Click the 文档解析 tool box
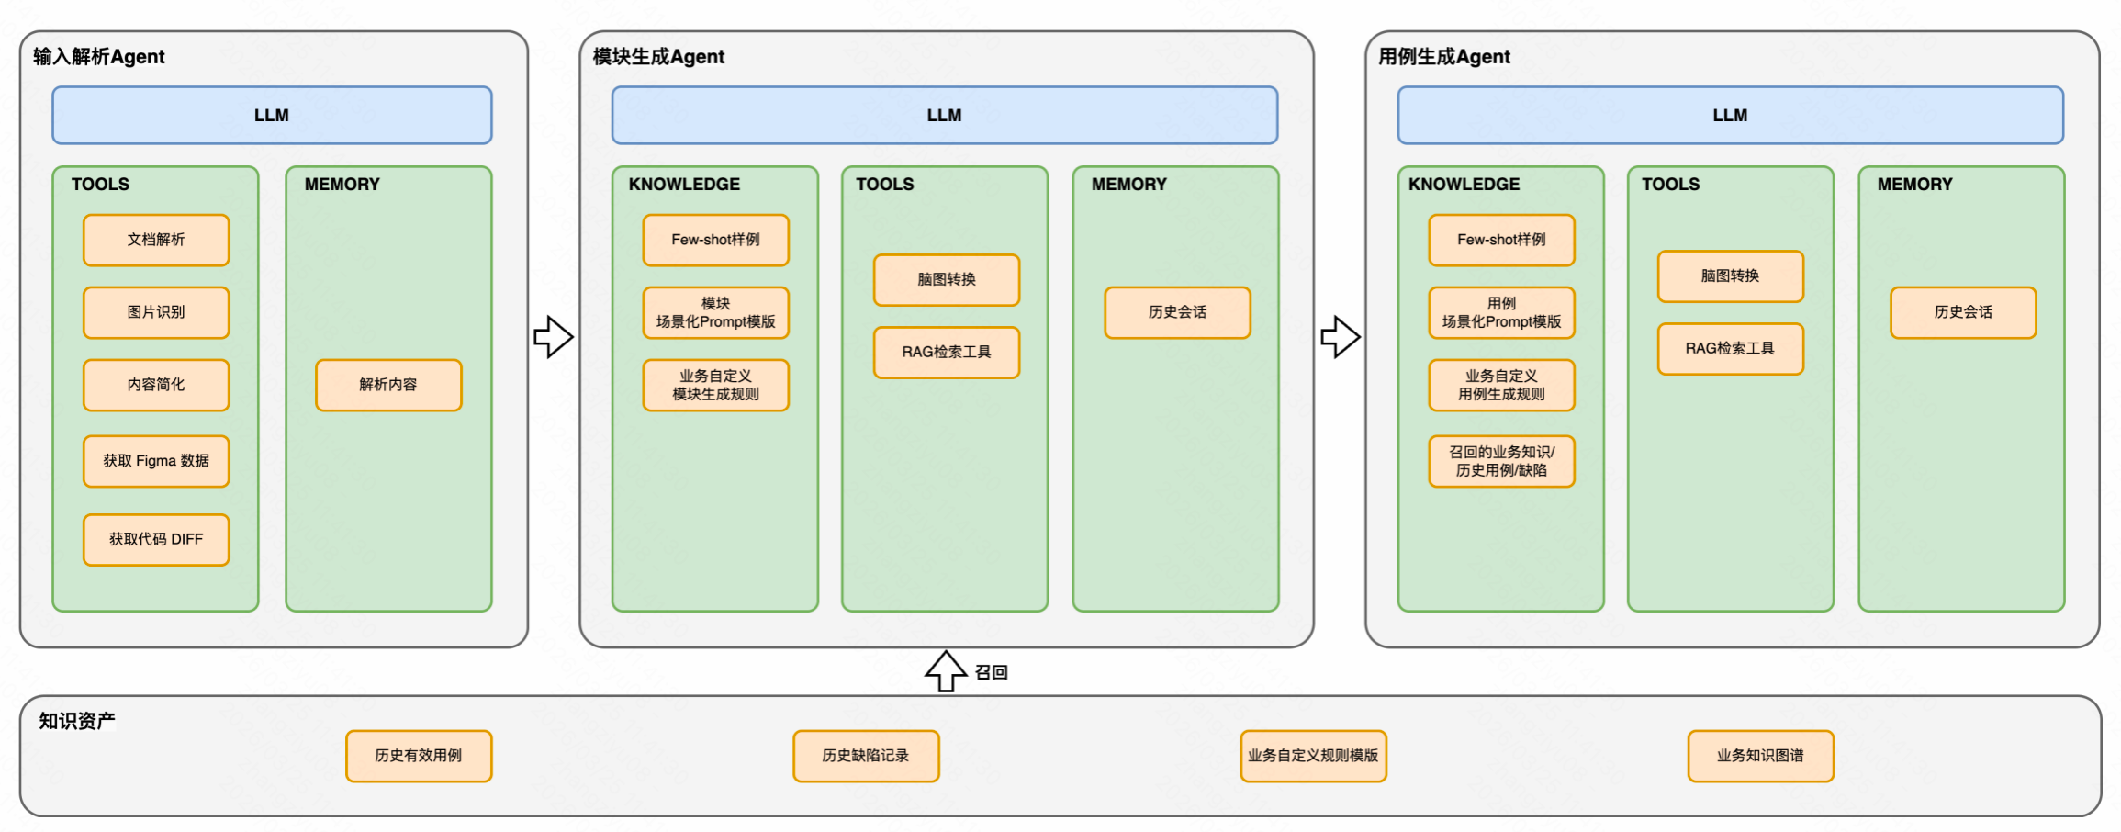pos(156,240)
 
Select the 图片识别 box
pos(156,312)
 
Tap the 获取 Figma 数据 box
pos(156,461)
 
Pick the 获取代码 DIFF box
pos(156,539)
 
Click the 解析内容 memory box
pos(388,385)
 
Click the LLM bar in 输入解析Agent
pos(272,116)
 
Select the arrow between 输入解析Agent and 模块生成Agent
pos(554,337)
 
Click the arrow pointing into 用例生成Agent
pos(1341,337)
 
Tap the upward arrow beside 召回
pos(946,671)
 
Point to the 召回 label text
pos(992,673)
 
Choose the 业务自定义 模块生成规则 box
pos(716,385)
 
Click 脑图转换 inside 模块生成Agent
pos(947,279)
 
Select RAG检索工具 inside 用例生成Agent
pos(1730,349)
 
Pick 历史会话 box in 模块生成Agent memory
pos(1177,312)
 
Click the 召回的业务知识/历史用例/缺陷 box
pos(1501,461)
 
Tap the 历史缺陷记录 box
pos(866,756)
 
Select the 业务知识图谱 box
pos(1760,756)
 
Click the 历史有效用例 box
pos(419,756)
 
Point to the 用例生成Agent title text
pos(1444,57)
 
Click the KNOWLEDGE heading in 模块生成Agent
pos(684,185)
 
